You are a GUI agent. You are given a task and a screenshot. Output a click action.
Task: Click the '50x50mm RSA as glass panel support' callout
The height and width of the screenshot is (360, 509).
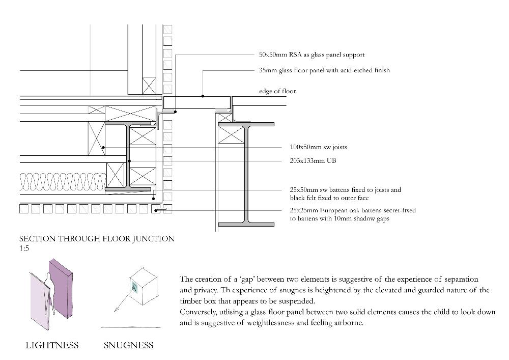pos(312,55)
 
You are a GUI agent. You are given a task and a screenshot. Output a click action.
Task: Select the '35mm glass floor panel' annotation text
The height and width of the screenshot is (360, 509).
pos(324,70)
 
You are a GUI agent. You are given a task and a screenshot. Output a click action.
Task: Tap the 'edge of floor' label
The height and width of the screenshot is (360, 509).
pos(277,91)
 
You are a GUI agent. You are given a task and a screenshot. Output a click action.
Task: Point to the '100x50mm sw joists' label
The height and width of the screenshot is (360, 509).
pos(318,147)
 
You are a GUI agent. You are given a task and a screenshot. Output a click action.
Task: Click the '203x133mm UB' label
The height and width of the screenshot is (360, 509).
pos(313,161)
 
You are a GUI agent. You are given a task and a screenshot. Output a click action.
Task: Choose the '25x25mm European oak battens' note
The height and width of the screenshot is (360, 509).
pos(353,214)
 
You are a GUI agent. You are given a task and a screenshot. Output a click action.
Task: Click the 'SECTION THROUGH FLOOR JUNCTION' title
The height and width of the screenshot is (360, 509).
pos(97,239)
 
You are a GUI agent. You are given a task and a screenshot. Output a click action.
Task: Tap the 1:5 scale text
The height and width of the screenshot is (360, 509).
pos(24,248)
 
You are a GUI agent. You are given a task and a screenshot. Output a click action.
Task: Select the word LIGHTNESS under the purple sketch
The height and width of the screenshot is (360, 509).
pos(52,345)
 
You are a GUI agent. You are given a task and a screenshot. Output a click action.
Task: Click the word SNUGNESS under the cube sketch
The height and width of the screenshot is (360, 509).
pos(129,345)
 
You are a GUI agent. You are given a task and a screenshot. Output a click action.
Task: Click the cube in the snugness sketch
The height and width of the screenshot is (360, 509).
pos(144,286)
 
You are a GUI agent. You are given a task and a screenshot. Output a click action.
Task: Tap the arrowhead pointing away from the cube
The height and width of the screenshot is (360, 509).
pos(116,310)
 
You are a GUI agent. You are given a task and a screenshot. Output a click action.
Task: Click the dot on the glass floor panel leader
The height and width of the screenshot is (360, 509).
pos(203,96)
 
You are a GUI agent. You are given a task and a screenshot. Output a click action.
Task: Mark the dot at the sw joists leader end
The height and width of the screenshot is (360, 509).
pos(103,147)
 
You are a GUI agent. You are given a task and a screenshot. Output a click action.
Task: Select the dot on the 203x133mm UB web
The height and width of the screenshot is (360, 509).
pos(129,161)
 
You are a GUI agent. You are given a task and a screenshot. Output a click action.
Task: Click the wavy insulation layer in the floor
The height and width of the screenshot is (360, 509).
pos(63,182)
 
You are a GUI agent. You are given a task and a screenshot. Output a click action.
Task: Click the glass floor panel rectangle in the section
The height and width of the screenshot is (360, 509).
pos(196,102)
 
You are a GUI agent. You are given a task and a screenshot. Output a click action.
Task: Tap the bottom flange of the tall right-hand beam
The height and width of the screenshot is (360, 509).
pos(246,225)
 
